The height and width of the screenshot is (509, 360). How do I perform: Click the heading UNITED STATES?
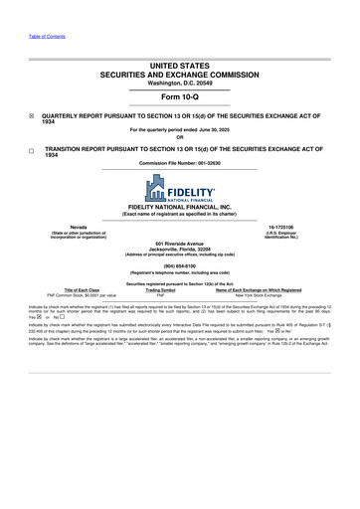[179, 64]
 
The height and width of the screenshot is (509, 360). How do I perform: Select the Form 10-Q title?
[179, 96]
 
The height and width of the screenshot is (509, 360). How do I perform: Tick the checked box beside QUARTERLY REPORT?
[32, 115]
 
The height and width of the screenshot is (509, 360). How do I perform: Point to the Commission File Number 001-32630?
[179, 163]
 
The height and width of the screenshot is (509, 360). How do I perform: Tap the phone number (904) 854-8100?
[179, 265]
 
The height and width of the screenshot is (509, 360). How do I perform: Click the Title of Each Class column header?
[71, 290]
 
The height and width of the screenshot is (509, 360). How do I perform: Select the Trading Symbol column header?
[159, 290]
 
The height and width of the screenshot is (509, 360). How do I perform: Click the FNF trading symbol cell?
[159, 296]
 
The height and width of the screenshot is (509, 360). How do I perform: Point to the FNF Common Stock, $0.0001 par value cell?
[71, 296]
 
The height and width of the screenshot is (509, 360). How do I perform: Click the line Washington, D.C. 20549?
[179, 82]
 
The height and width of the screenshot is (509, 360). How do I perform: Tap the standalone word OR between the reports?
[179, 136]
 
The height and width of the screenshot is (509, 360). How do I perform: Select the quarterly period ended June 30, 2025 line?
[179, 129]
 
